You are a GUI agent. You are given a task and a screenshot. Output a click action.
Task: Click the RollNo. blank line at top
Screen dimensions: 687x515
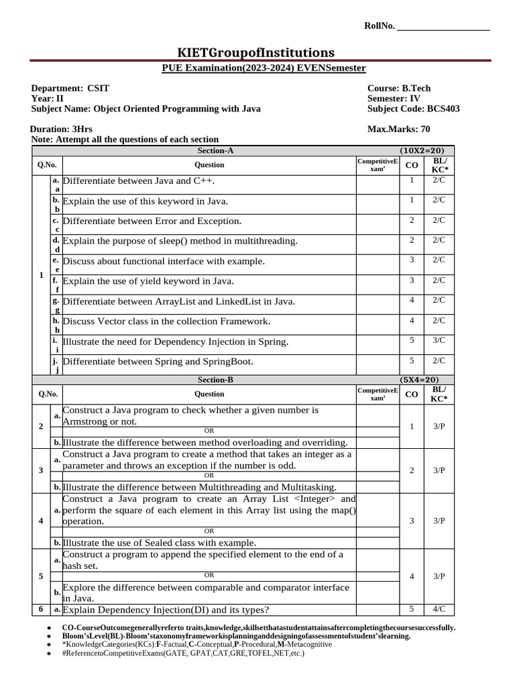443,28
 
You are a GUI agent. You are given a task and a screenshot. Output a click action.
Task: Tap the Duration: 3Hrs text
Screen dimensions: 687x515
62,129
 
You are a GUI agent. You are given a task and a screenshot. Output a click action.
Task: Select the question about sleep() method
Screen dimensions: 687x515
180,241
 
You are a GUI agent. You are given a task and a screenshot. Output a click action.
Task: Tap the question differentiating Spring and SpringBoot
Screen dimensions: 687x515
158,362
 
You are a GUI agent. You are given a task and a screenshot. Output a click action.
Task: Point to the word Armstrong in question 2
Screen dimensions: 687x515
84,421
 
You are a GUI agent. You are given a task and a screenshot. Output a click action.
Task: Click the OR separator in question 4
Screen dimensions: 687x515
209,531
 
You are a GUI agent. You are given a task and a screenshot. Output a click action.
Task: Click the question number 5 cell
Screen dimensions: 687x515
42,576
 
